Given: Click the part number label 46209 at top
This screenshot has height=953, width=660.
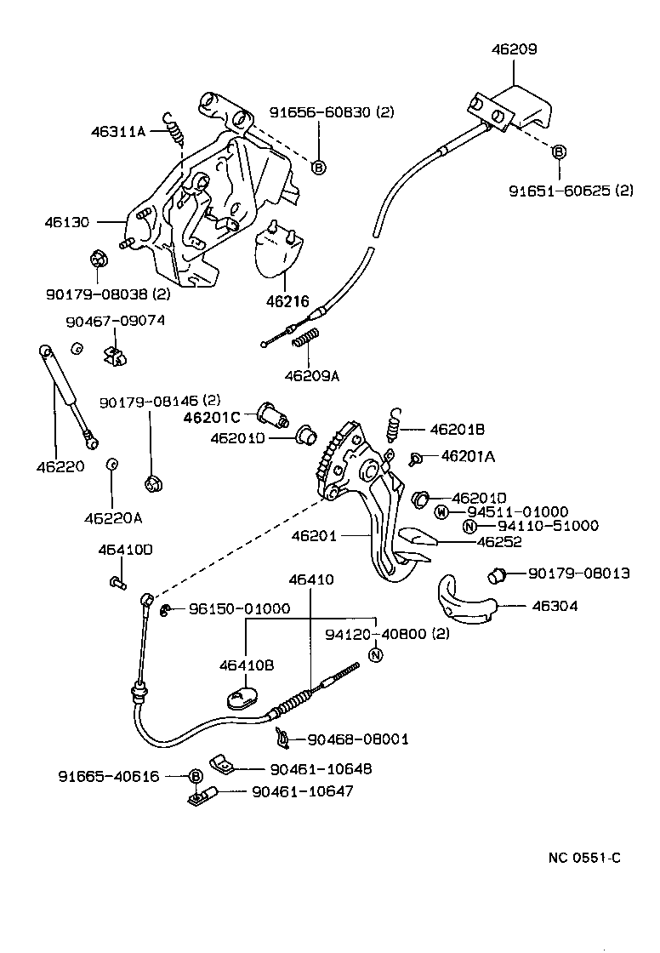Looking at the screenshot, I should [x=514, y=49].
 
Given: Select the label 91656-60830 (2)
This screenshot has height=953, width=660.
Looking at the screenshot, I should [x=332, y=112].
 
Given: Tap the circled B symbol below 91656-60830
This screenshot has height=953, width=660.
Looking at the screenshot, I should [x=318, y=168].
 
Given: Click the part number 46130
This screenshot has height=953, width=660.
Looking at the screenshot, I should [x=67, y=222].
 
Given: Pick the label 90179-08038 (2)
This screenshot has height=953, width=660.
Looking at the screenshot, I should [x=109, y=294].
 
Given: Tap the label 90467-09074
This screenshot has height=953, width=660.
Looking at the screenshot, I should [x=115, y=321].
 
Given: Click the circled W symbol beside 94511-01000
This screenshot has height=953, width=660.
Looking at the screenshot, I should [x=441, y=511].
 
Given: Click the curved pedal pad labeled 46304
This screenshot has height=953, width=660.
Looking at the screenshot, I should [x=463, y=602].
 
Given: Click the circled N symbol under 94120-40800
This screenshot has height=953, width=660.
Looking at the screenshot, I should [x=377, y=654].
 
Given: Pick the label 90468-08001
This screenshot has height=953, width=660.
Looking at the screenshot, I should [x=357, y=739].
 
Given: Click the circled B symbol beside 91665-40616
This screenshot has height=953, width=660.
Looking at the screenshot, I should [x=195, y=776].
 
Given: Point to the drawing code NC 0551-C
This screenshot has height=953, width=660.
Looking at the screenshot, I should [x=583, y=857].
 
